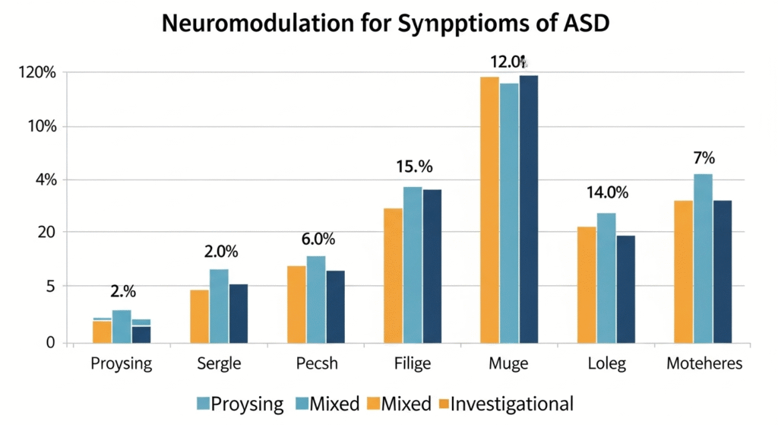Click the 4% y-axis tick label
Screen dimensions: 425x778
point(43,180)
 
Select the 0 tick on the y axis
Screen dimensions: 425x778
point(50,343)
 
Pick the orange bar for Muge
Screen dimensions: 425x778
point(489,209)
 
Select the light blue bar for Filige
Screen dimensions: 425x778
point(413,265)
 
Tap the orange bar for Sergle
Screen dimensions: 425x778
point(199,316)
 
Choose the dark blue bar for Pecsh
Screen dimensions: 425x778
point(335,306)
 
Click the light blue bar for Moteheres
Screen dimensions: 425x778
point(704,258)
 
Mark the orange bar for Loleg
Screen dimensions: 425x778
point(587,284)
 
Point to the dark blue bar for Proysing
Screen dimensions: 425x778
point(141,333)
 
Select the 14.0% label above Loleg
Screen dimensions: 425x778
point(607,193)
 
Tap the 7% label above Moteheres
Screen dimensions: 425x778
point(704,158)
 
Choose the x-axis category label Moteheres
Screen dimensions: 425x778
point(704,364)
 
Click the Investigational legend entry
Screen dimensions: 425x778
point(511,404)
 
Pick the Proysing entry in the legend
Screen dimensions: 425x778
point(248,404)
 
